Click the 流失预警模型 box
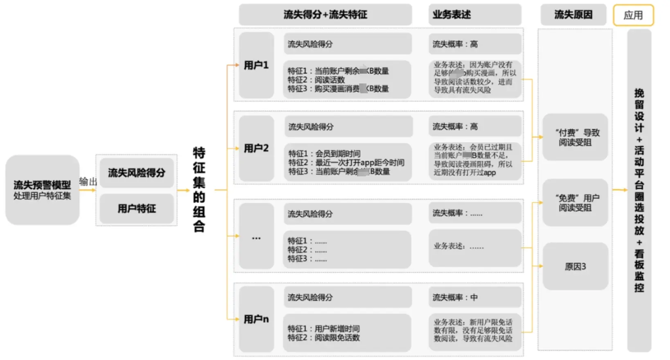pos(42,190)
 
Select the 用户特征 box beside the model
pos(137,209)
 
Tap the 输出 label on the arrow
pos(88,181)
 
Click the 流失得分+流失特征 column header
pos(325,15)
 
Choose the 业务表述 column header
pos(474,15)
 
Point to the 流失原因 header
pos(573,15)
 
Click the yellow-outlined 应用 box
pos(633,16)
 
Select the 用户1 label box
pos(256,65)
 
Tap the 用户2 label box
pos(256,148)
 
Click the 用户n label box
pos(256,319)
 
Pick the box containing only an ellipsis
pos(256,236)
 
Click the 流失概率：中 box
pos(474,297)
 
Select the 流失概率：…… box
pos(474,213)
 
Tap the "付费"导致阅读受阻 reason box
pos(575,137)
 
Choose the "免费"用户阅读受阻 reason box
pos(575,203)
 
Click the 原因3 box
pos(575,266)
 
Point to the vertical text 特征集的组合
pos(199,189)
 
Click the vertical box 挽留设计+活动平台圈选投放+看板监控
pos(639,190)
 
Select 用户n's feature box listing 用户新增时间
pos(347,333)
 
